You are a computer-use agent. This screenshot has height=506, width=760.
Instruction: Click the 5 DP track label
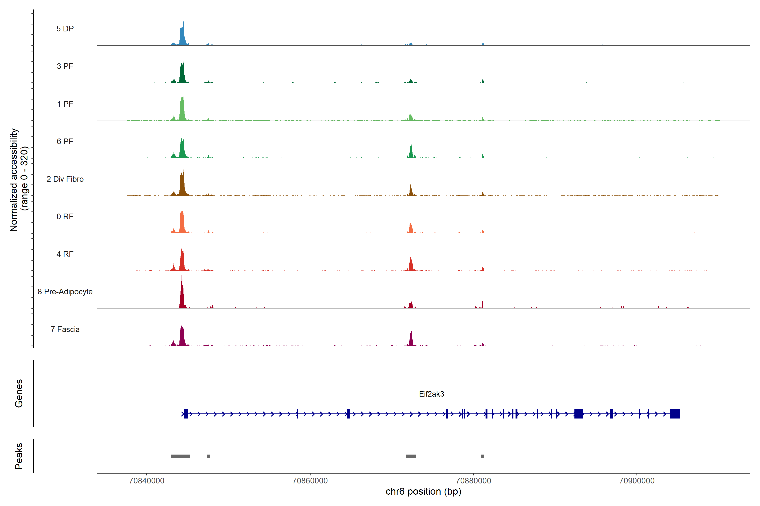(65, 29)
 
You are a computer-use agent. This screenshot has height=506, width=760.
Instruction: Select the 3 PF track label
(65, 66)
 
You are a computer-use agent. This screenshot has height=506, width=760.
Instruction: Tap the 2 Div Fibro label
(65, 179)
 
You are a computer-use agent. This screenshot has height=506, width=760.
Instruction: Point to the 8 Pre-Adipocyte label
(65, 292)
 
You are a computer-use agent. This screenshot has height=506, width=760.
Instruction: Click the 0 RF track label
(65, 217)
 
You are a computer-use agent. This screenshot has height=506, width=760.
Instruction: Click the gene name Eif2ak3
(431, 394)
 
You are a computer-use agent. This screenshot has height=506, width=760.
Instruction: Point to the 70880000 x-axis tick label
(473, 481)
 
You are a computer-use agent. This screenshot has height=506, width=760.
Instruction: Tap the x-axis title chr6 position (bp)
(423, 491)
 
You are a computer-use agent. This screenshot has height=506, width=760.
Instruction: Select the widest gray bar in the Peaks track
(180, 456)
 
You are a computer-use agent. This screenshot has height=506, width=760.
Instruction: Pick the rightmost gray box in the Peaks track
(482, 456)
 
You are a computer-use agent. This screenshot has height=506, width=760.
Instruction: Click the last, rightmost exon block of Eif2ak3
(675, 414)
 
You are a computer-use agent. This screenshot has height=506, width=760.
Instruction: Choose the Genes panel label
(19, 393)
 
